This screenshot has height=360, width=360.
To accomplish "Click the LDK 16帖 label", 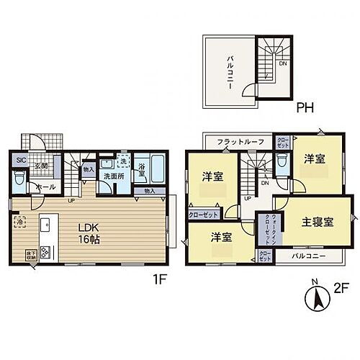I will click(89, 234).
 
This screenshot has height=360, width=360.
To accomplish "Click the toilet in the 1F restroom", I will click(18, 179).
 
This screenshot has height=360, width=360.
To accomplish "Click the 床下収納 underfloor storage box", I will click(19, 256).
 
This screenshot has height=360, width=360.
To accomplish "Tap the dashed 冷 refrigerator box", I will click(19, 222).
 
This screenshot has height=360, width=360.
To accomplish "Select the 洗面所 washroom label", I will click(110, 176).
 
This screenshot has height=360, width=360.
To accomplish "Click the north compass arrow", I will click(314, 299).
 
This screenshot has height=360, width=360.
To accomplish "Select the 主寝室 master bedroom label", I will click(319, 223).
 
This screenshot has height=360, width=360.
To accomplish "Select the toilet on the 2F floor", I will click(283, 163).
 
